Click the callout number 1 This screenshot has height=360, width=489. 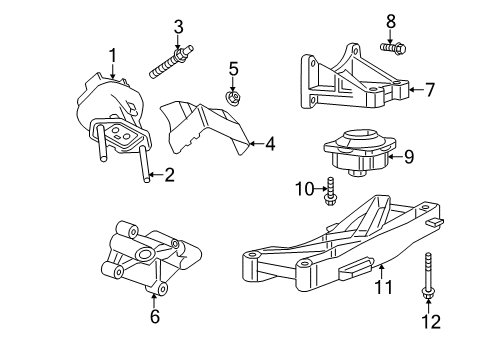pos(113,55)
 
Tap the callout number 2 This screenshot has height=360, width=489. pos(169,176)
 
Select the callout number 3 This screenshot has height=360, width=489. pos(177,25)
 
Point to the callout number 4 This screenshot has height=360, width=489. pos(270,144)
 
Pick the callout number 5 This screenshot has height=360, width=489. pos(232,69)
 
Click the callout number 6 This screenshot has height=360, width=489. pos(153,316)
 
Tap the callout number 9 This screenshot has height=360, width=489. pos(407,155)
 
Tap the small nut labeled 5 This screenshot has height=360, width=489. pos(232,94)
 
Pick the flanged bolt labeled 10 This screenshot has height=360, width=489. pos(329,190)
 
